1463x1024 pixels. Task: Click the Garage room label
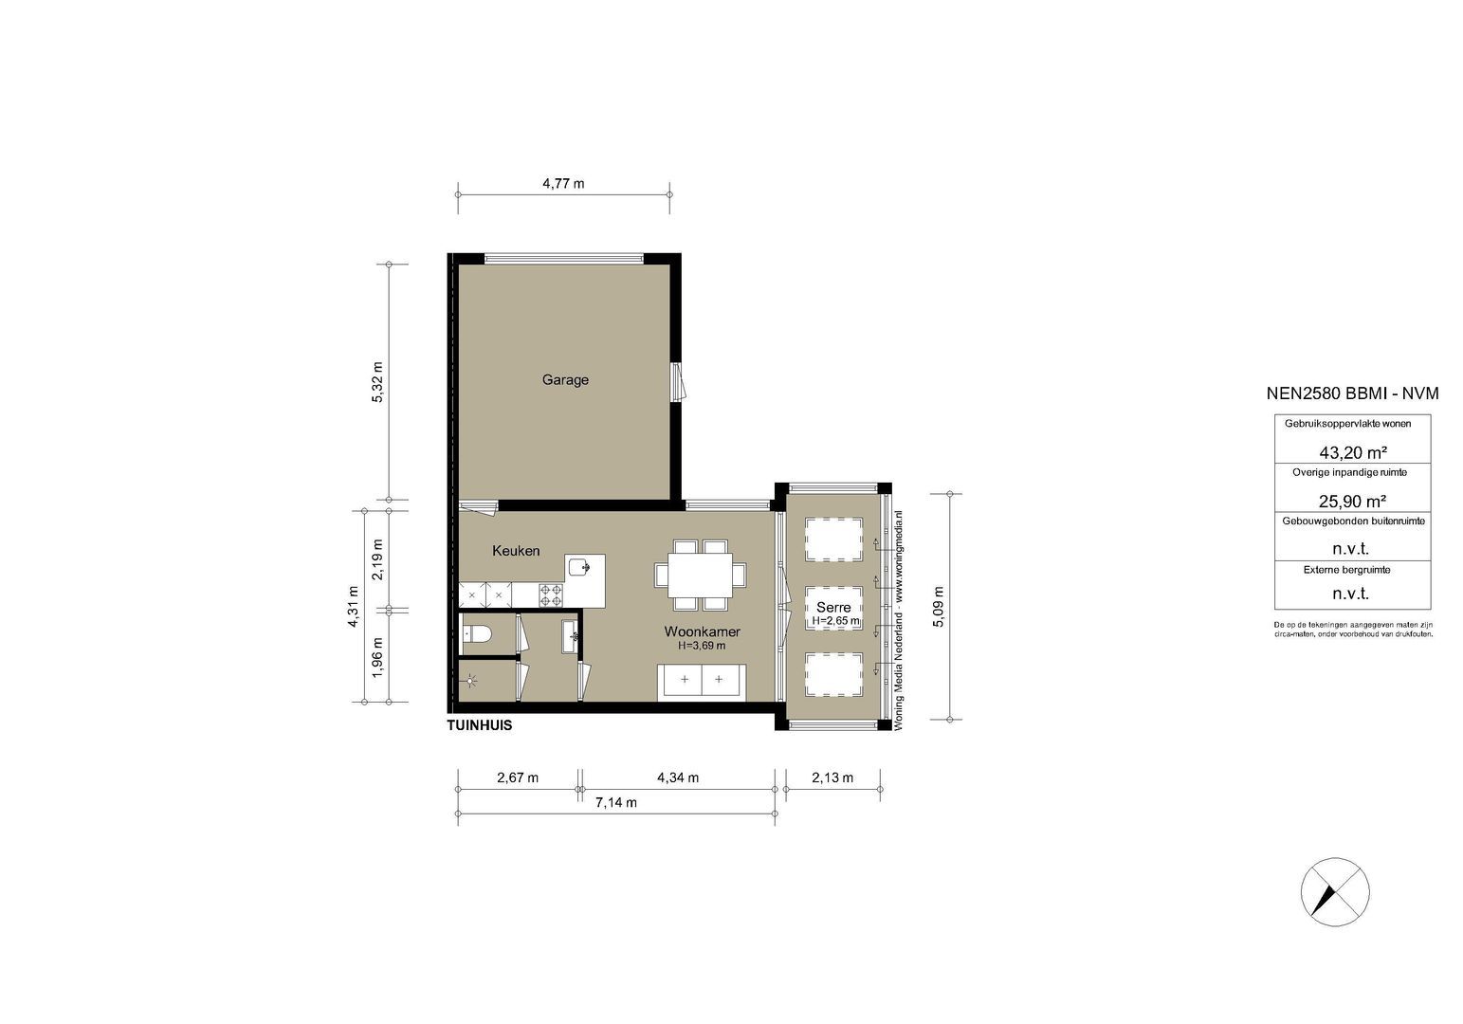565,380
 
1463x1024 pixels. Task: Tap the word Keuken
516,551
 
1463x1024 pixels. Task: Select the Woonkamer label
702,631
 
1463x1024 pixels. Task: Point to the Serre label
833,608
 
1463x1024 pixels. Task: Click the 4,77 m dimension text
563,184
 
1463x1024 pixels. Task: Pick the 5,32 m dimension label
377,382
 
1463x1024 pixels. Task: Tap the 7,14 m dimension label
615,803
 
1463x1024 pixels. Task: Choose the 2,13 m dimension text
832,778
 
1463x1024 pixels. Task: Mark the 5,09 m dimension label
938,607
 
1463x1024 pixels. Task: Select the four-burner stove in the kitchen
551,594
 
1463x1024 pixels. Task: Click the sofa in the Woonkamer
702,680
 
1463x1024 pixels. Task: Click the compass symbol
1334,891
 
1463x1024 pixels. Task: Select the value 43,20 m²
1352,452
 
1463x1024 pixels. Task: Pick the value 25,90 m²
1352,501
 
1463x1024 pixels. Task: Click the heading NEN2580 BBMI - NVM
1352,393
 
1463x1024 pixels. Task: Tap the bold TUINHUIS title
480,725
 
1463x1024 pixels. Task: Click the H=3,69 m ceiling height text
702,646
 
